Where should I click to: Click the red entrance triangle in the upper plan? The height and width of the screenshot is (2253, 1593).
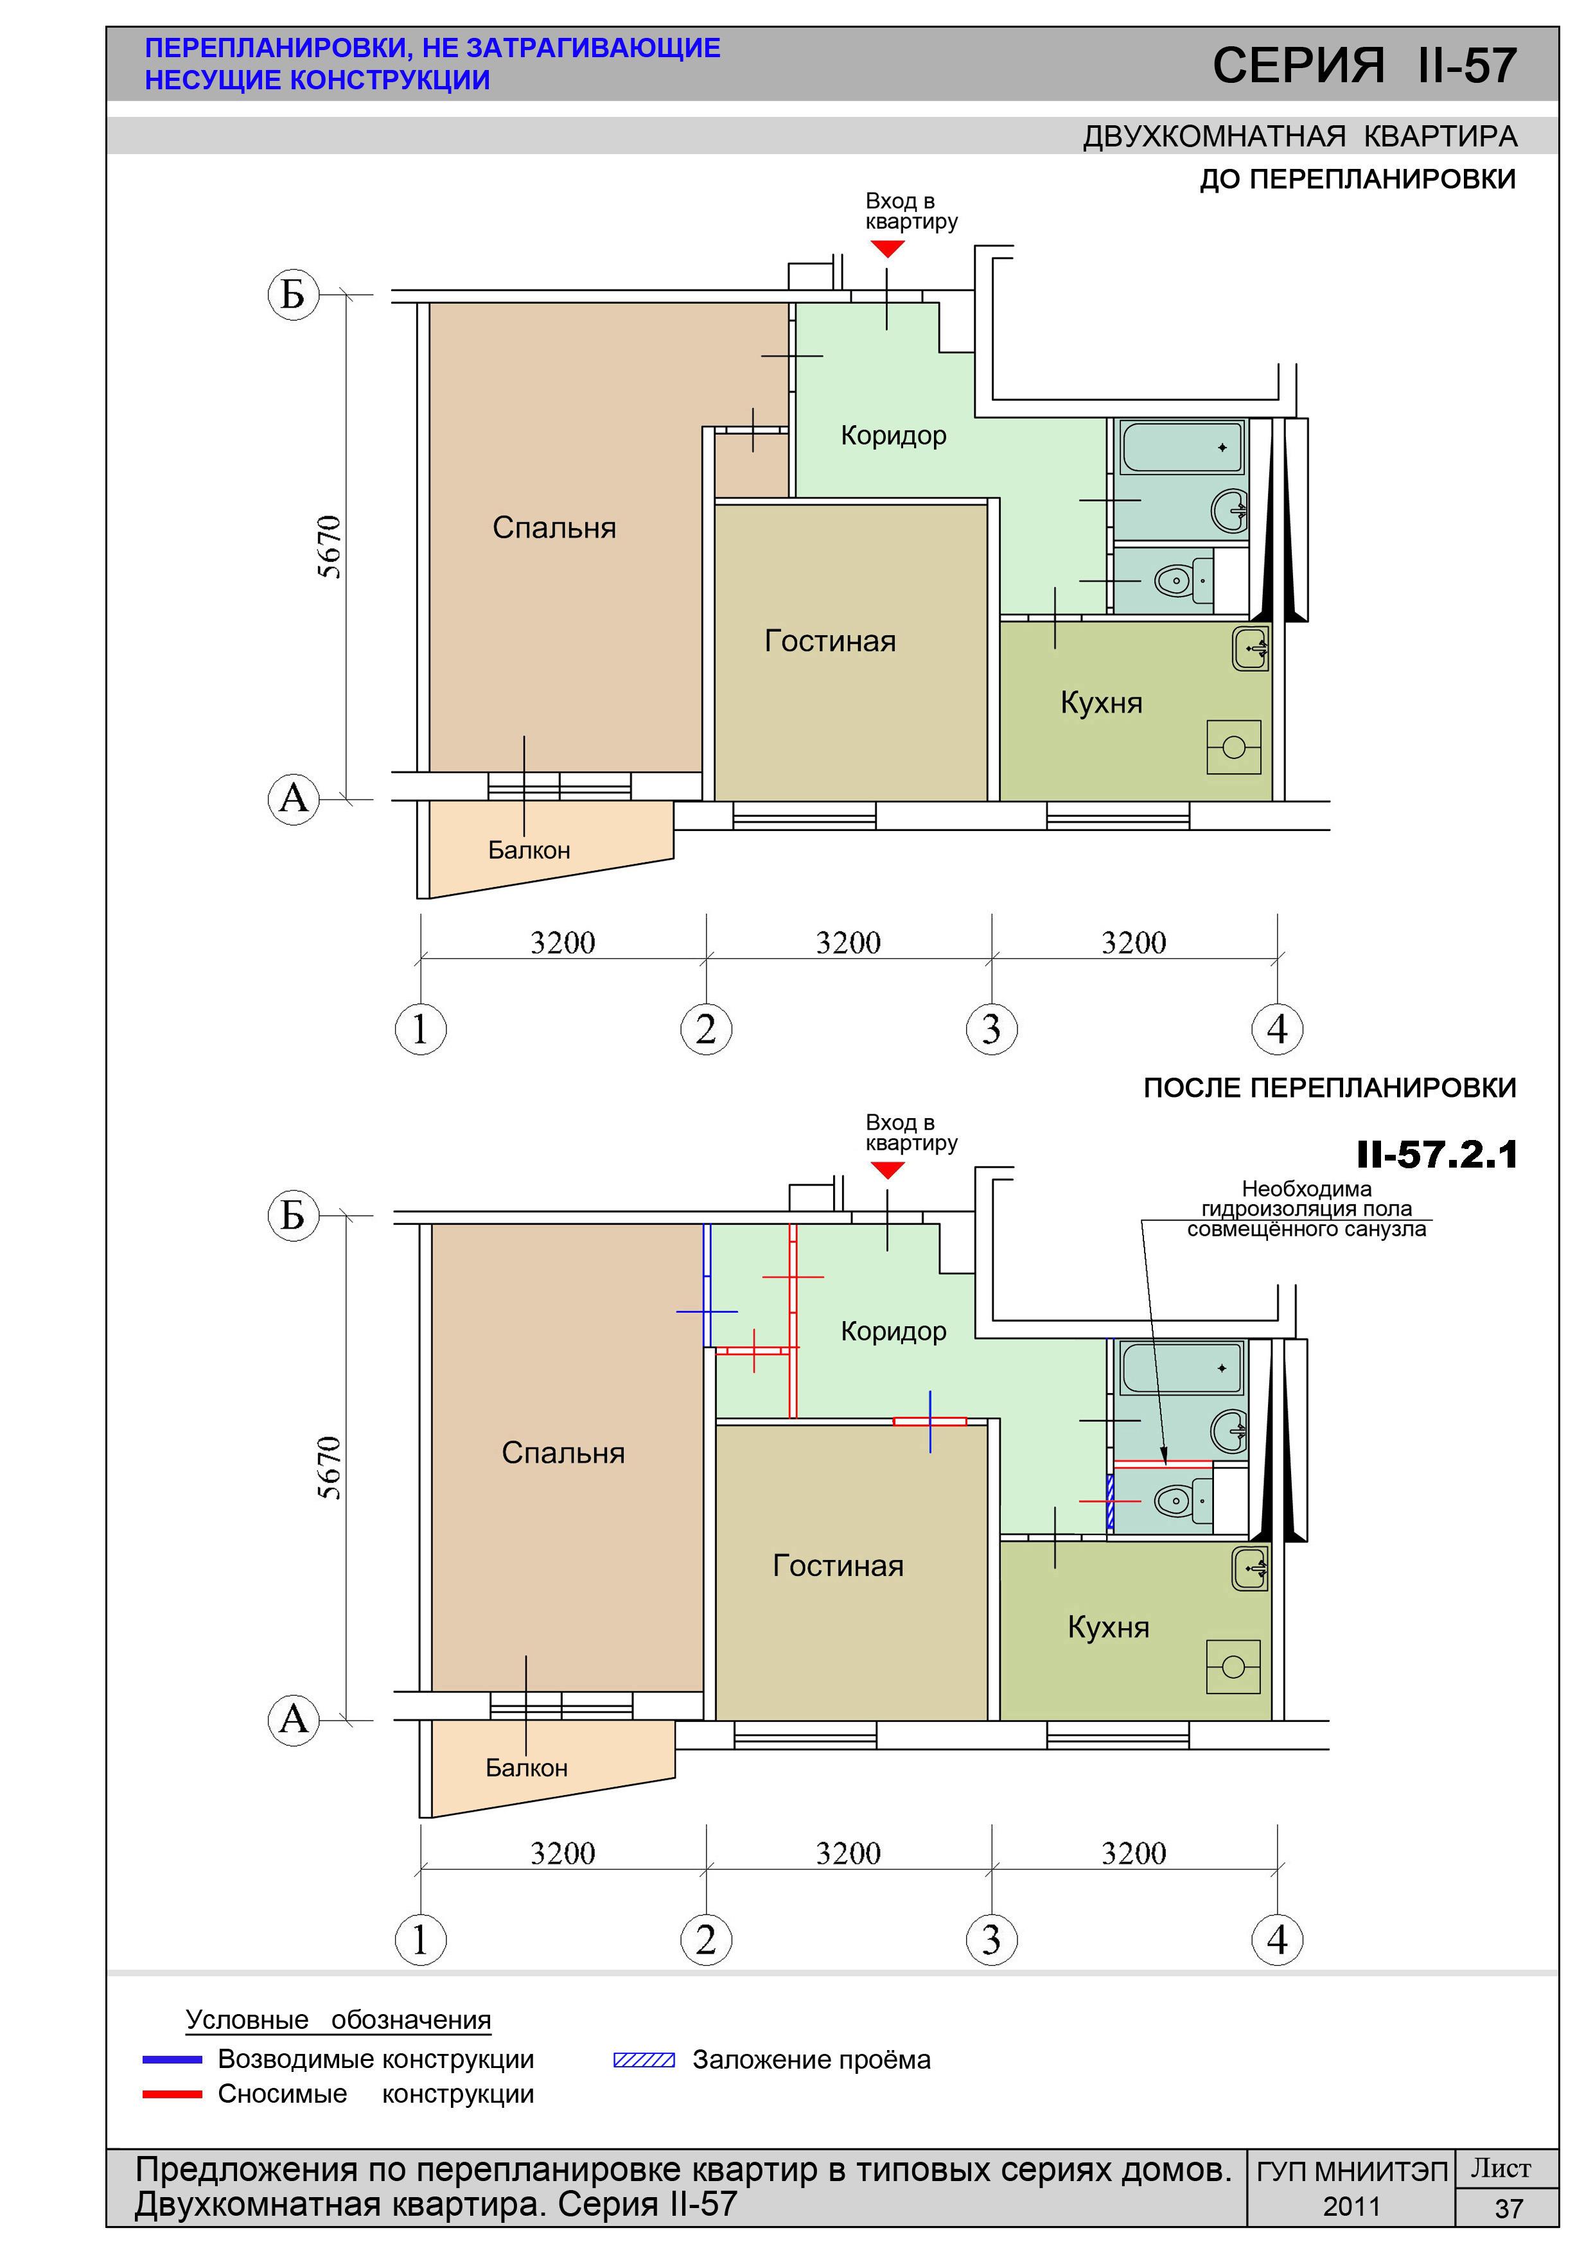point(887,249)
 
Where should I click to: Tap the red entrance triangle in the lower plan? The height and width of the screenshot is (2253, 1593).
point(887,1170)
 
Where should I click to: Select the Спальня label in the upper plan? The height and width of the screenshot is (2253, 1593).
point(554,528)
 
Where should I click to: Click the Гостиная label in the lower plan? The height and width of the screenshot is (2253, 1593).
point(838,1565)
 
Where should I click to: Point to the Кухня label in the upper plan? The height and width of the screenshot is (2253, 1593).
point(1101,703)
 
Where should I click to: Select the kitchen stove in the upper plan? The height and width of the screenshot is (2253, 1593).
point(1234,748)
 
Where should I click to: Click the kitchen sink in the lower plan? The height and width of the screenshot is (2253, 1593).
point(1251,1569)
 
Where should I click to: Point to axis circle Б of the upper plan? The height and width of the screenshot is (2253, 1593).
point(294,294)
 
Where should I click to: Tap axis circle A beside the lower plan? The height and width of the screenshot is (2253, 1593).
point(294,1719)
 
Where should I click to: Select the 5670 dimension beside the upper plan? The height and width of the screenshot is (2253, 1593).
point(330,547)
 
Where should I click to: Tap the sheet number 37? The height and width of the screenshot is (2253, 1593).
point(1509,2209)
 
